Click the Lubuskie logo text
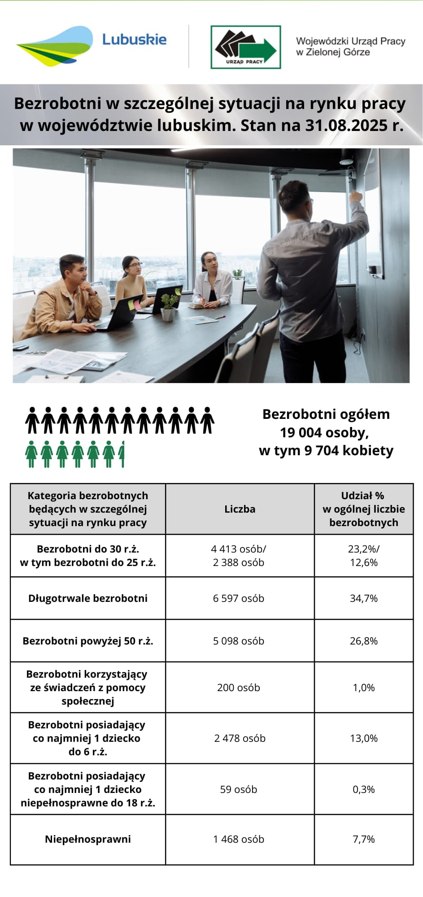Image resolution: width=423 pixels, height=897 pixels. pos(134,40)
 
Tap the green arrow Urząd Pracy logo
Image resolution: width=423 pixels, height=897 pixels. pos(246,47)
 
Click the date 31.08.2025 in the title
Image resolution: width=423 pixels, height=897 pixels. pos(347,125)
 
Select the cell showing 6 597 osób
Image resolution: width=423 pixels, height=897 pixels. pos(239,598)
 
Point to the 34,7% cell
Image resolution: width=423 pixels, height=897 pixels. pos(363,598)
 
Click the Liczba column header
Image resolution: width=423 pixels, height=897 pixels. pos(240,509)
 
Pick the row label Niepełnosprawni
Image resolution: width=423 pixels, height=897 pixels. pos(88,839)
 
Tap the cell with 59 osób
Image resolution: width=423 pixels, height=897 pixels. pos(239,789)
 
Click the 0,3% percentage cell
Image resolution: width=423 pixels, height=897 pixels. pos(363,789)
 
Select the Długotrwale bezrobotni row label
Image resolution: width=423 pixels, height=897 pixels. pos(88,598)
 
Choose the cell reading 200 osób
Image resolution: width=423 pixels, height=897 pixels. pos(239,688)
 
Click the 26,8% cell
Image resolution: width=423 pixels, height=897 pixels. pos(363,641)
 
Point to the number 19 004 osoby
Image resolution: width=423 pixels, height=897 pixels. pos(324,433)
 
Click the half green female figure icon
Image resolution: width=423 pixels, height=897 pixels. pos(122,454)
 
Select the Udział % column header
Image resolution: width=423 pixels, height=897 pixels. pos(363,509)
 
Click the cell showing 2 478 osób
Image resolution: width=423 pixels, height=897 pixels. pos(240,738)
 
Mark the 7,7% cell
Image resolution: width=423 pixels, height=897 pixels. pos(363,839)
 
